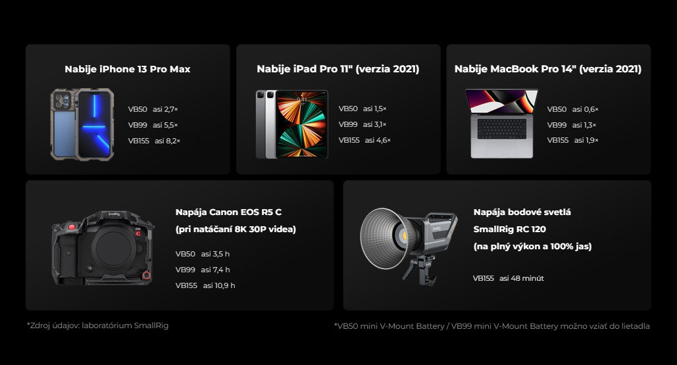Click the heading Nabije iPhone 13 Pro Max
point(128,69)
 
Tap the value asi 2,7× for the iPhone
point(165,109)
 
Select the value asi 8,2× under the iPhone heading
point(168,141)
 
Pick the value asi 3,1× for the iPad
point(375,124)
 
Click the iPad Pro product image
point(292,124)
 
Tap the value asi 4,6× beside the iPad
point(378,140)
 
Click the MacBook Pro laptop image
point(502,124)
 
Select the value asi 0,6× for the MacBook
point(586,109)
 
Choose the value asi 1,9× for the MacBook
point(586,140)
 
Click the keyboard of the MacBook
point(502,128)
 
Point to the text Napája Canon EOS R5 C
point(228,212)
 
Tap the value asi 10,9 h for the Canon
point(219,285)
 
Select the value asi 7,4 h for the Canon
point(215,270)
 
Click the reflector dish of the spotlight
point(382,238)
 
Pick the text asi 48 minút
point(522,278)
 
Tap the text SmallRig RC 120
point(509,229)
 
